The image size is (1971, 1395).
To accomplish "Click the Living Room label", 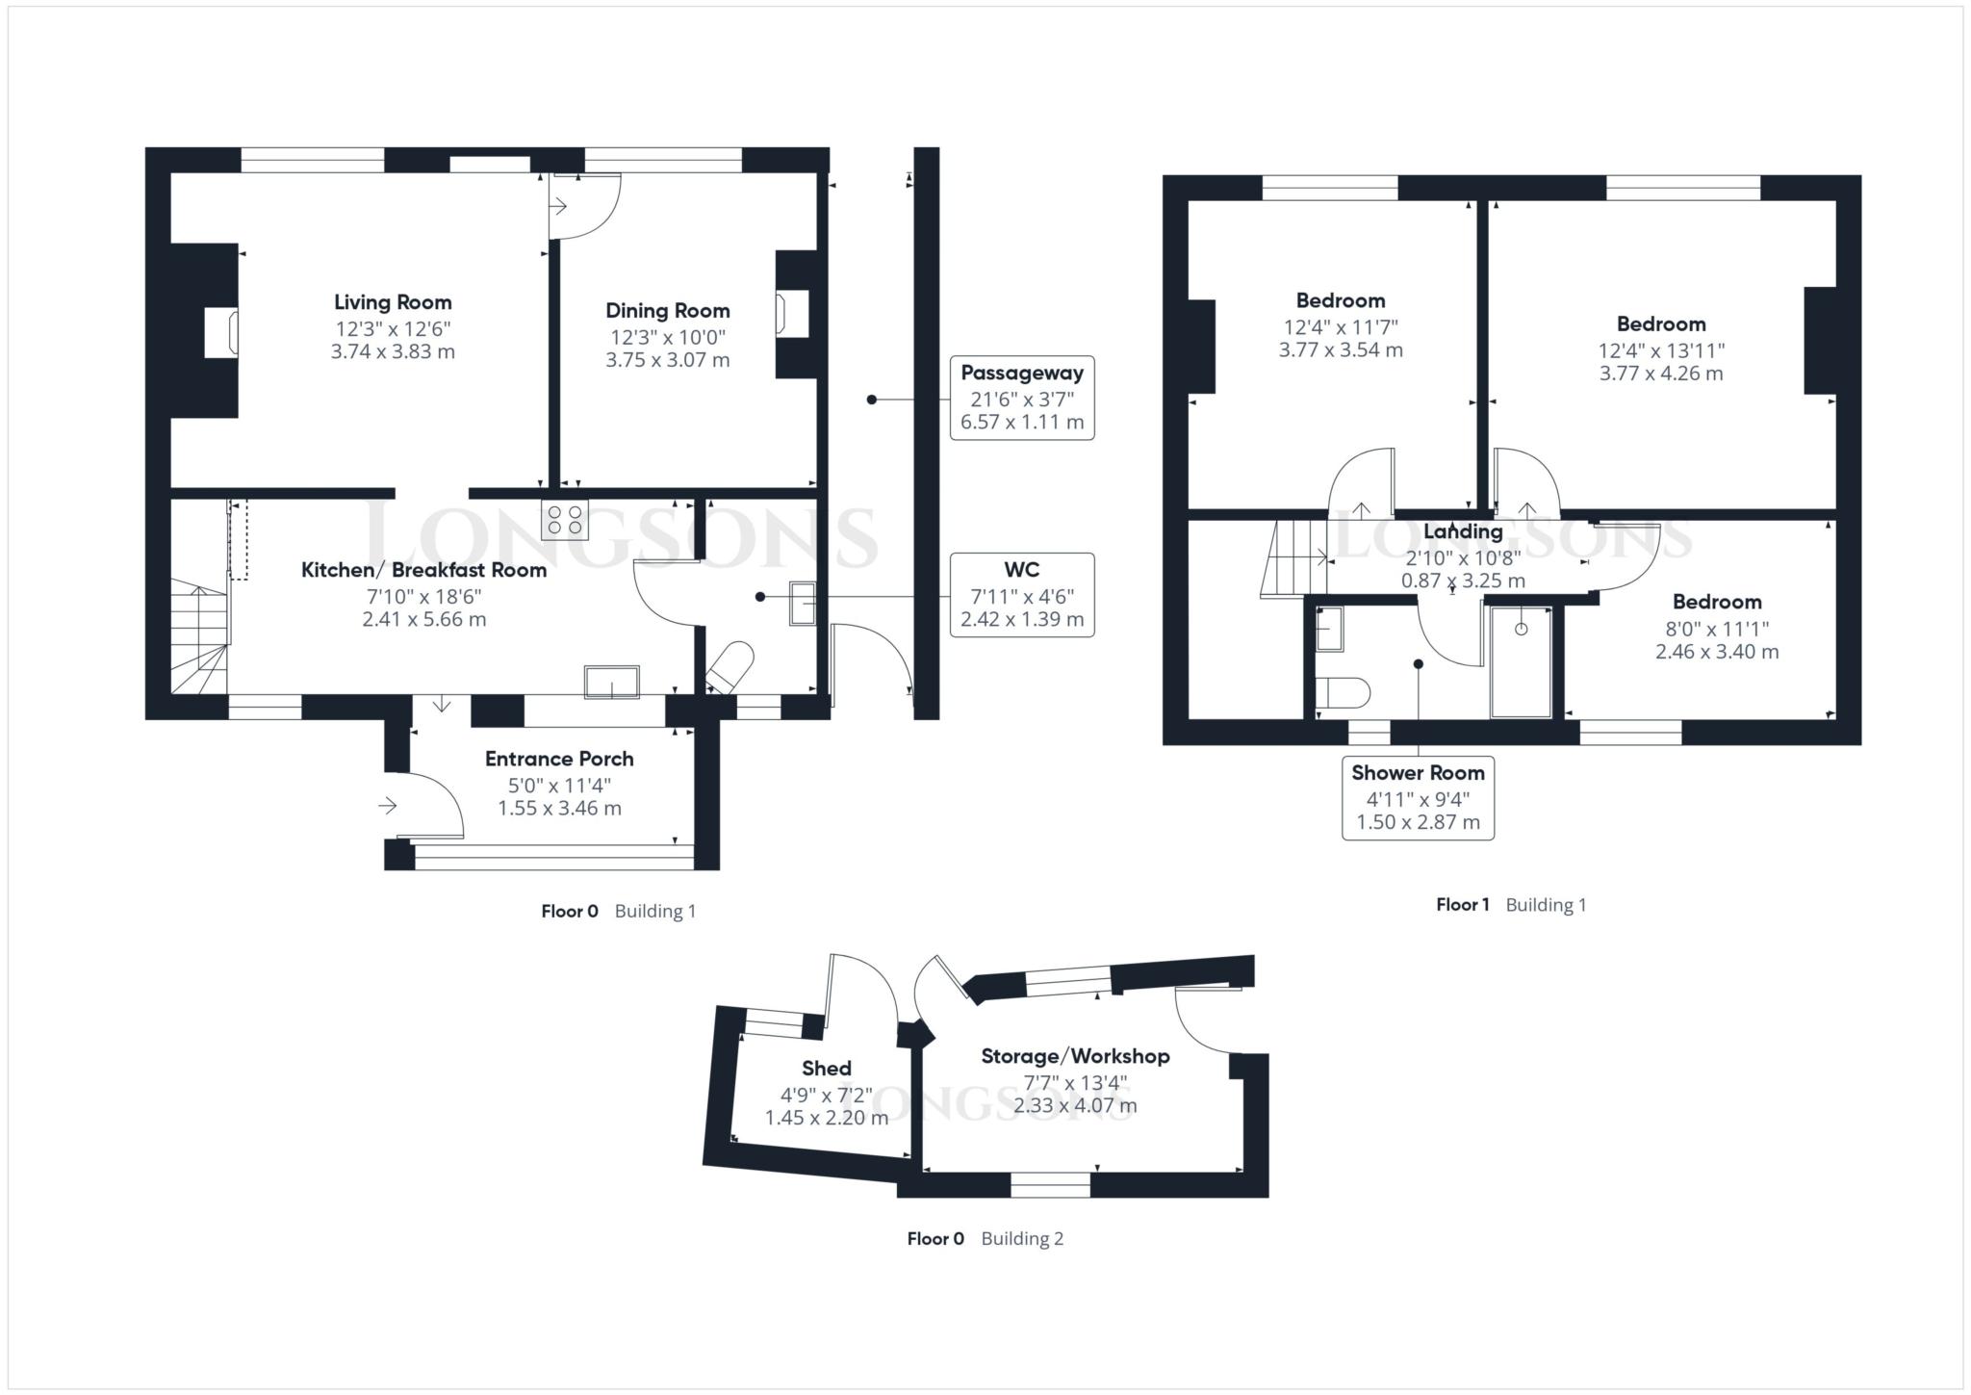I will (x=393, y=302).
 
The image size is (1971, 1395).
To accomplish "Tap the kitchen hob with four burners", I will (x=564, y=520).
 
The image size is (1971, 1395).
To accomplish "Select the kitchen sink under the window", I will (x=612, y=682).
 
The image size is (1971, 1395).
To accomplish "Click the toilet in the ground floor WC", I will (x=730, y=667).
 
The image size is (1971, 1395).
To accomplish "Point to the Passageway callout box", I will (x=1021, y=398).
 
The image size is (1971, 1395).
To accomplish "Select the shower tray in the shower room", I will (x=1521, y=661).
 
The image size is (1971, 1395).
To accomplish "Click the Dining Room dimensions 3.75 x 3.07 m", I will (x=667, y=361).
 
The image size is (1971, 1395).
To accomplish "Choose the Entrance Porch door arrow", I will (x=388, y=806).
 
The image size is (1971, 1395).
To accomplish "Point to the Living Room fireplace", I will (x=222, y=332).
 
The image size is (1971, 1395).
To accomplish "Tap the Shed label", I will (x=826, y=1068).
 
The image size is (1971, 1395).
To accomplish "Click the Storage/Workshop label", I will (x=1075, y=1056).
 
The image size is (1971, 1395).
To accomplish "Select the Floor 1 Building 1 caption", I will (x=1510, y=905).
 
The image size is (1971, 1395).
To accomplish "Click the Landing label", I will (x=1463, y=531).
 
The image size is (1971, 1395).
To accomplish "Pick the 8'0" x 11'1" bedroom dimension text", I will (x=1717, y=629).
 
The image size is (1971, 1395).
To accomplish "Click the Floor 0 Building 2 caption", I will (x=985, y=1239).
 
